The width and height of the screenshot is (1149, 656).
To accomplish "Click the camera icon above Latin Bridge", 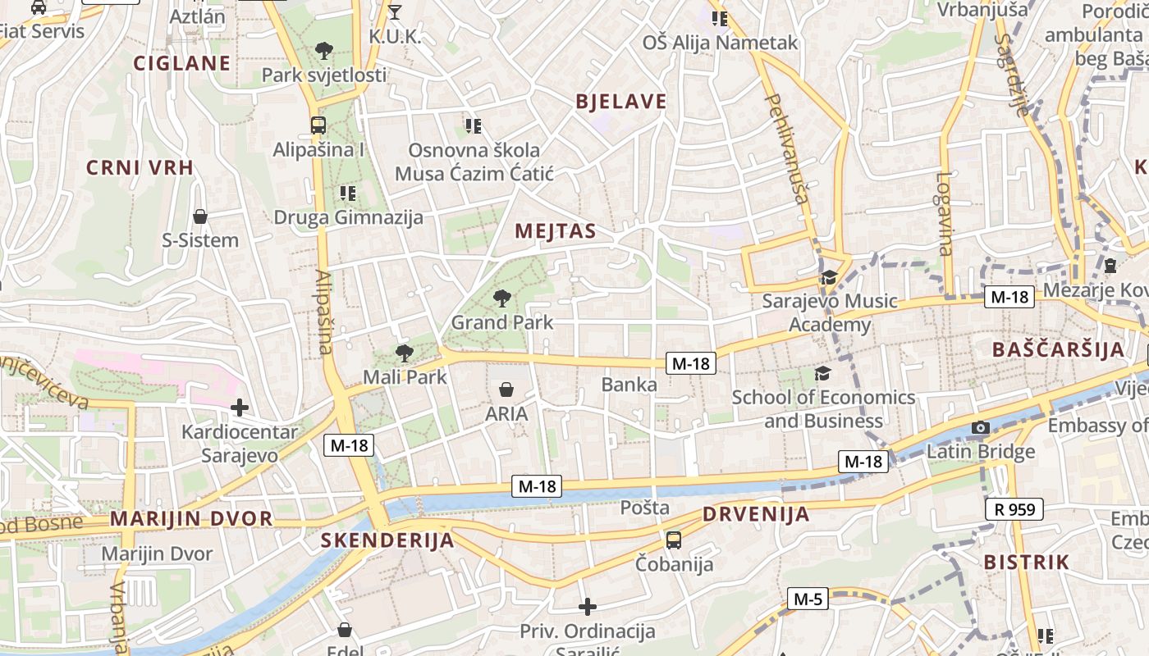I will [x=980, y=427].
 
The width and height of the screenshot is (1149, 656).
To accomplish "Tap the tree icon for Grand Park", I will [x=501, y=298].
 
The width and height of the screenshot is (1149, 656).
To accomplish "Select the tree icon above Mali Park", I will [x=404, y=353].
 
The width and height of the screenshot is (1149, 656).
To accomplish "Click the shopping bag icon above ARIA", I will [x=506, y=389].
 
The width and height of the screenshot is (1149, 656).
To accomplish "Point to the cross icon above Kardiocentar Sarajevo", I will [x=240, y=407].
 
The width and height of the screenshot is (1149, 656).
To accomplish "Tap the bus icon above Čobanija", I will [x=674, y=540].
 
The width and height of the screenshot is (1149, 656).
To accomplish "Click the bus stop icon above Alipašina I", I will [x=318, y=125].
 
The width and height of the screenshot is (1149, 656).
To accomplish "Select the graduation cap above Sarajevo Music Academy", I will [x=829, y=277].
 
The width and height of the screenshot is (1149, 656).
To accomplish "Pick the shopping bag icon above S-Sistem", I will [x=200, y=216].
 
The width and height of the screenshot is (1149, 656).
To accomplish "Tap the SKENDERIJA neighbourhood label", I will [x=387, y=540].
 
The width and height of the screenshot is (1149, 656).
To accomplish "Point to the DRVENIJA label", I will [x=756, y=515].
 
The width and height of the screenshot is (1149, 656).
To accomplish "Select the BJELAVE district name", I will [x=621, y=102].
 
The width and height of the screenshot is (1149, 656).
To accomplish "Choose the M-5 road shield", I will [x=808, y=599].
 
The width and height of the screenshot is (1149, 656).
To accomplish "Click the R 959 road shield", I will [x=1014, y=509].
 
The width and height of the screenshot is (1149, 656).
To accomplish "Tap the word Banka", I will [x=629, y=384].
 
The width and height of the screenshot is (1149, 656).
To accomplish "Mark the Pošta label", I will [x=645, y=508].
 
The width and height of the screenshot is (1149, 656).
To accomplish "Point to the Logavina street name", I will [x=945, y=213].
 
